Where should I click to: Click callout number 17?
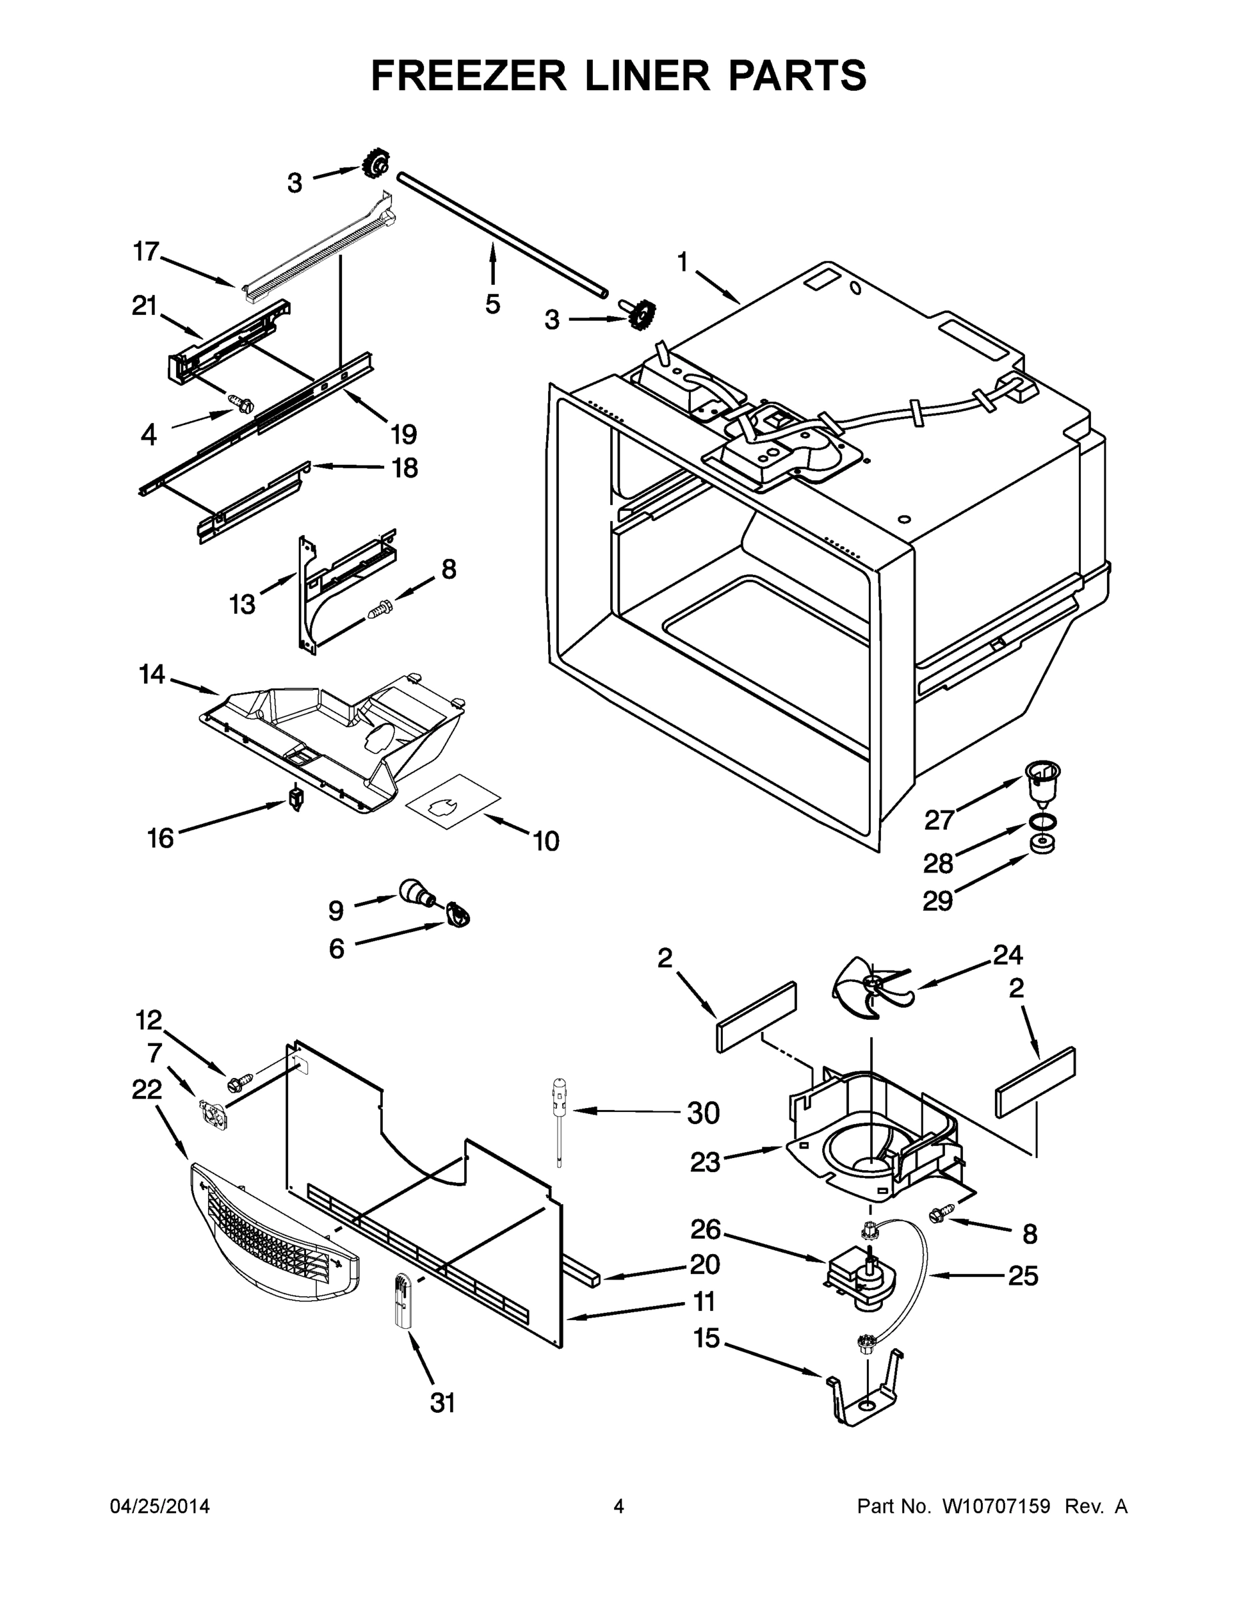[x=146, y=251]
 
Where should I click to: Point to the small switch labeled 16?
[x=296, y=798]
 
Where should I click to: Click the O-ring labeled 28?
[x=1042, y=821]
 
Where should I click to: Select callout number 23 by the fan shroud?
[x=705, y=1162]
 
